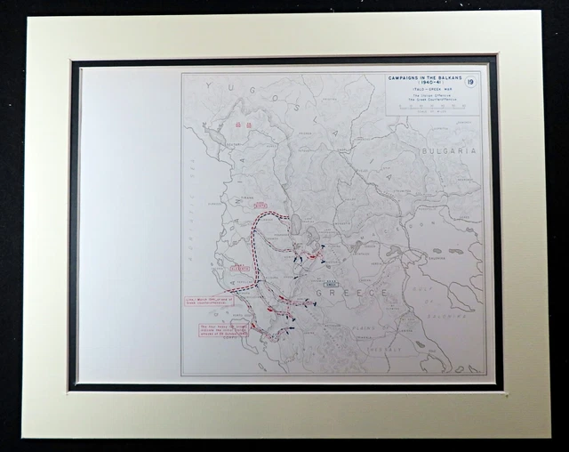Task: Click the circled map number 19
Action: tap(471, 83)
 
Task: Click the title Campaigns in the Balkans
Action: tap(423, 77)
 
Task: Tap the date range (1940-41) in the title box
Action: tap(423, 84)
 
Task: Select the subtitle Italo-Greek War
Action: tap(423, 91)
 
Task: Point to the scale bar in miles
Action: tap(423, 108)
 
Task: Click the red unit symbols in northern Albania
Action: tap(243, 125)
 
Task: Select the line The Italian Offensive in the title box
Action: tap(423, 97)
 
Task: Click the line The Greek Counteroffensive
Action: tap(423, 101)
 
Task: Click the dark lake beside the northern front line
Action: tap(296, 224)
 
